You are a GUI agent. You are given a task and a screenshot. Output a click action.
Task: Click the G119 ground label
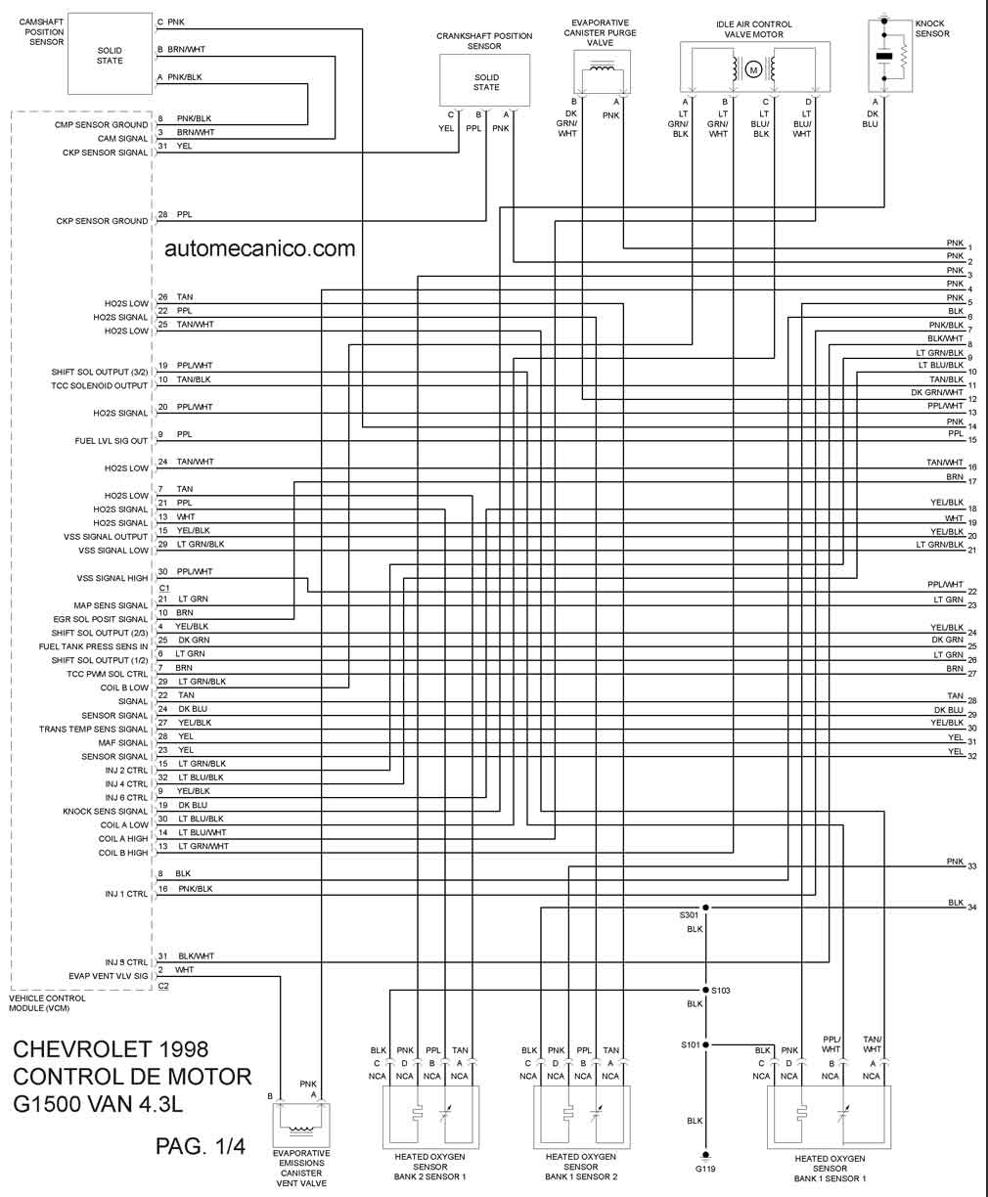pos(705,1169)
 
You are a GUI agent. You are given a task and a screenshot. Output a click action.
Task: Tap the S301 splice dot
pos(706,908)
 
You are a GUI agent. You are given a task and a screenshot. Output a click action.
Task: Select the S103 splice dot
pos(706,990)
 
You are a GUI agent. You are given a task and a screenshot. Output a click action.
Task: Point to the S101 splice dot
pos(706,1044)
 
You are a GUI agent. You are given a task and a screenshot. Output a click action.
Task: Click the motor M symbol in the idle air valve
pos(753,70)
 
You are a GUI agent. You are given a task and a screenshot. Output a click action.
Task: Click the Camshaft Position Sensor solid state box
pos(111,53)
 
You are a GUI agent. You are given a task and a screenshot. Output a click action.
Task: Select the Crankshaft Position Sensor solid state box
pos(484,80)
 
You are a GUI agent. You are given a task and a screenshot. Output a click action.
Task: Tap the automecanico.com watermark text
pos(260,248)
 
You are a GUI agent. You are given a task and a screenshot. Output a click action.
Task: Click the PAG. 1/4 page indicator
pos(201,1146)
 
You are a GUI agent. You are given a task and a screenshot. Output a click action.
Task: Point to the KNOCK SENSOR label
pos(932,28)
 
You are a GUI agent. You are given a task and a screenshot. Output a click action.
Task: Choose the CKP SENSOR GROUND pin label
pos(102,221)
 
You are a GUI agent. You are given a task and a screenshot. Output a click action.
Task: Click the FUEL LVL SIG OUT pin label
pos(112,441)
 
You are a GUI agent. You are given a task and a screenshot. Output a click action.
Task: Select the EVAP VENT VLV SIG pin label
pos(109,976)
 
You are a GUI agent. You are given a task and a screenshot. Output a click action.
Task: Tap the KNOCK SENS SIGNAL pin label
pos(106,811)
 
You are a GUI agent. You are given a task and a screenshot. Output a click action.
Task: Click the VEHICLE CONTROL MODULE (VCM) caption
pos(47,1003)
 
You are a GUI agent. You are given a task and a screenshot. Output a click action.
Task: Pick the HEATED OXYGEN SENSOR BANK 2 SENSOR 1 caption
pos(429,1167)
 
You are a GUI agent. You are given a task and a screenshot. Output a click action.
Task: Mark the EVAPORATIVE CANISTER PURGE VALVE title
pos(600,32)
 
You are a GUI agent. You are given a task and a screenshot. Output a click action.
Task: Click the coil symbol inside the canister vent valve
pos(301,1129)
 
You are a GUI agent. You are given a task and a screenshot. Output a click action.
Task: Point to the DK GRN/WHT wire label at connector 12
pos(937,393)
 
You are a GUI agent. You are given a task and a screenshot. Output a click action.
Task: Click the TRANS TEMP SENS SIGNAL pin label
pos(94,730)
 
